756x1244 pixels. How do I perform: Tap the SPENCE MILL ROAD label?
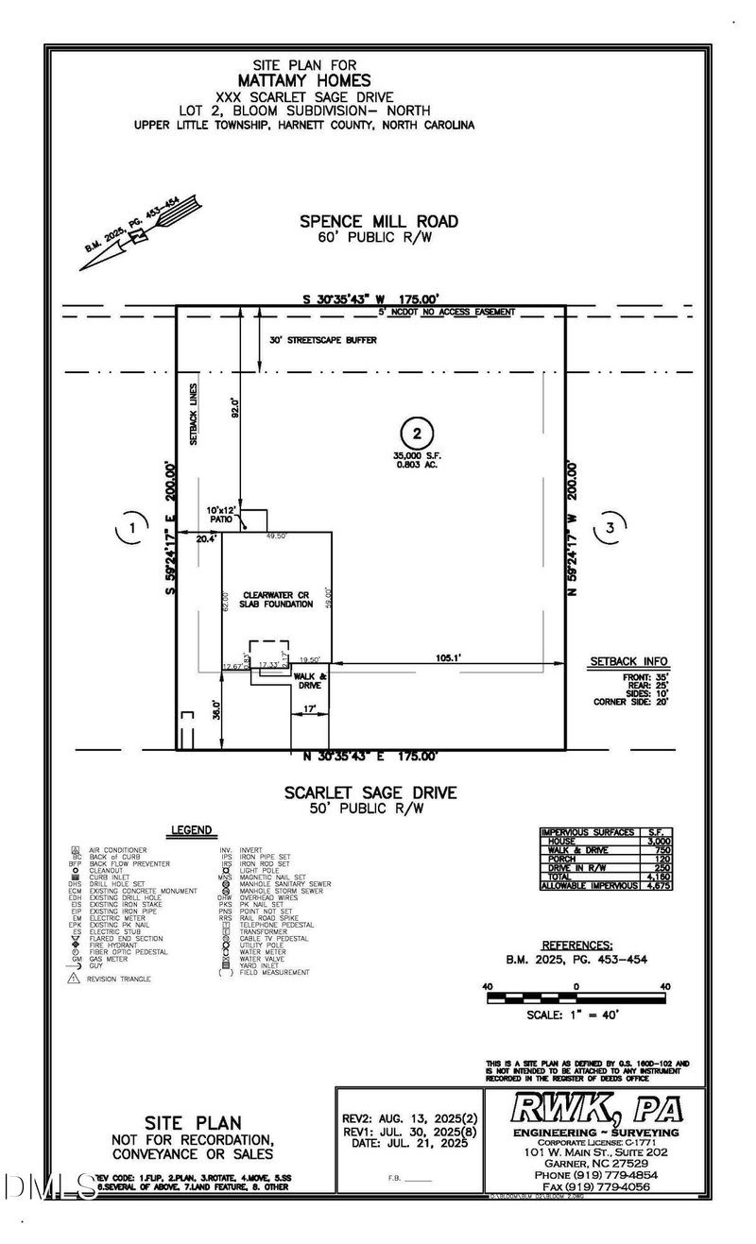coord(379,221)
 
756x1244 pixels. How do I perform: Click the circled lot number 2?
coord(416,435)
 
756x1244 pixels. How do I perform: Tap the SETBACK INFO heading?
coord(628,661)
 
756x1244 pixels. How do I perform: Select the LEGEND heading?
coord(191,830)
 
